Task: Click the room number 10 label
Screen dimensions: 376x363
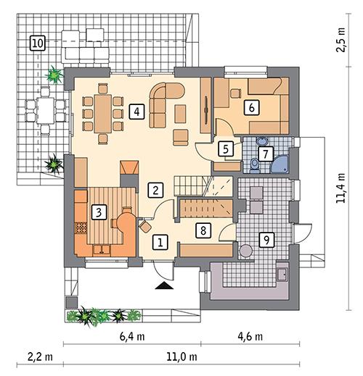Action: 37,43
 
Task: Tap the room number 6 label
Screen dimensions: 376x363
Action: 251,107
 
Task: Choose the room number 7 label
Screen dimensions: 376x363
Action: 225,148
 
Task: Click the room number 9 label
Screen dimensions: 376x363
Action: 266,240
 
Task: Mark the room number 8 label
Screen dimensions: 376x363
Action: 205,231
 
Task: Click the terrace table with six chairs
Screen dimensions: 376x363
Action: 39,112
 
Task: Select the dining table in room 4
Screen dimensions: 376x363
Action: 102,110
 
